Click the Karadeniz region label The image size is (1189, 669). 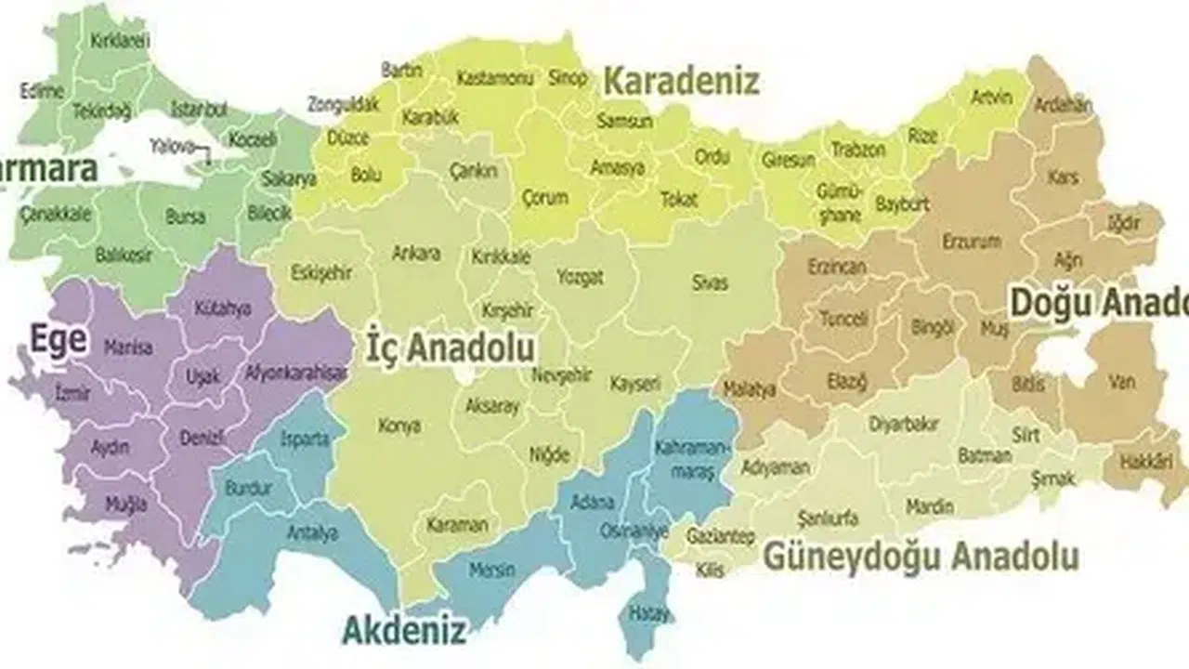click(681, 81)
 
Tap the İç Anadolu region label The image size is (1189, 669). click(451, 348)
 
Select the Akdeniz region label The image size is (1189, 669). click(403, 631)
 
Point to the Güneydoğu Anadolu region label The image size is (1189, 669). click(920, 557)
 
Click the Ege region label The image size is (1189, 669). click(58, 339)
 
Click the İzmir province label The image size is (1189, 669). click(73, 393)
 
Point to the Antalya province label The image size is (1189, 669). click(312, 533)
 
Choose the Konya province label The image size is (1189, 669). click(399, 426)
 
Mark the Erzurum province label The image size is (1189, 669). click(972, 242)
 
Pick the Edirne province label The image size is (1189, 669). click(42, 91)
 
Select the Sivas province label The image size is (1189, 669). click(710, 283)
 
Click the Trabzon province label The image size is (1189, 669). click(858, 150)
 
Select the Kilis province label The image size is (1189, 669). click(711, 571)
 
